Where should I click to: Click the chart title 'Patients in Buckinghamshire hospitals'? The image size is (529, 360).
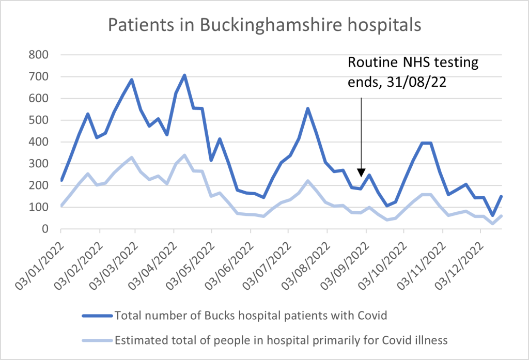pyautogui.click(x=264, y=25)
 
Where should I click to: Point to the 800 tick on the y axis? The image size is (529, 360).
pyautogui.click(x=40, y=55)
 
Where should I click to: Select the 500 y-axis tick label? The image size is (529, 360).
pyautogui.click(x=40, y=120)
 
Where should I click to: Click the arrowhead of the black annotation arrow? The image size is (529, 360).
pyautogui.click(x=361, y=172)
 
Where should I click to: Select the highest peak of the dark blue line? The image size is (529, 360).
pyautogui.click(x=184, y=75)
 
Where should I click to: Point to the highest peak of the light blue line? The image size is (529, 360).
pyautogui.click(x=184, y=155)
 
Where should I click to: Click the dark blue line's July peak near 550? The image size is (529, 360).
pyautogui.click(x=308, y=108)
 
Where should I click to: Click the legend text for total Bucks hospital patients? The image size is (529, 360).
pyautogui.click(x=251, y=316)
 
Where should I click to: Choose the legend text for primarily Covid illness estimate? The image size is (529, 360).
pyautogui.click(x=281, y=339)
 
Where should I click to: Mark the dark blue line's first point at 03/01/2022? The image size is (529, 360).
pyautogui.click(x=61, y=180)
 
